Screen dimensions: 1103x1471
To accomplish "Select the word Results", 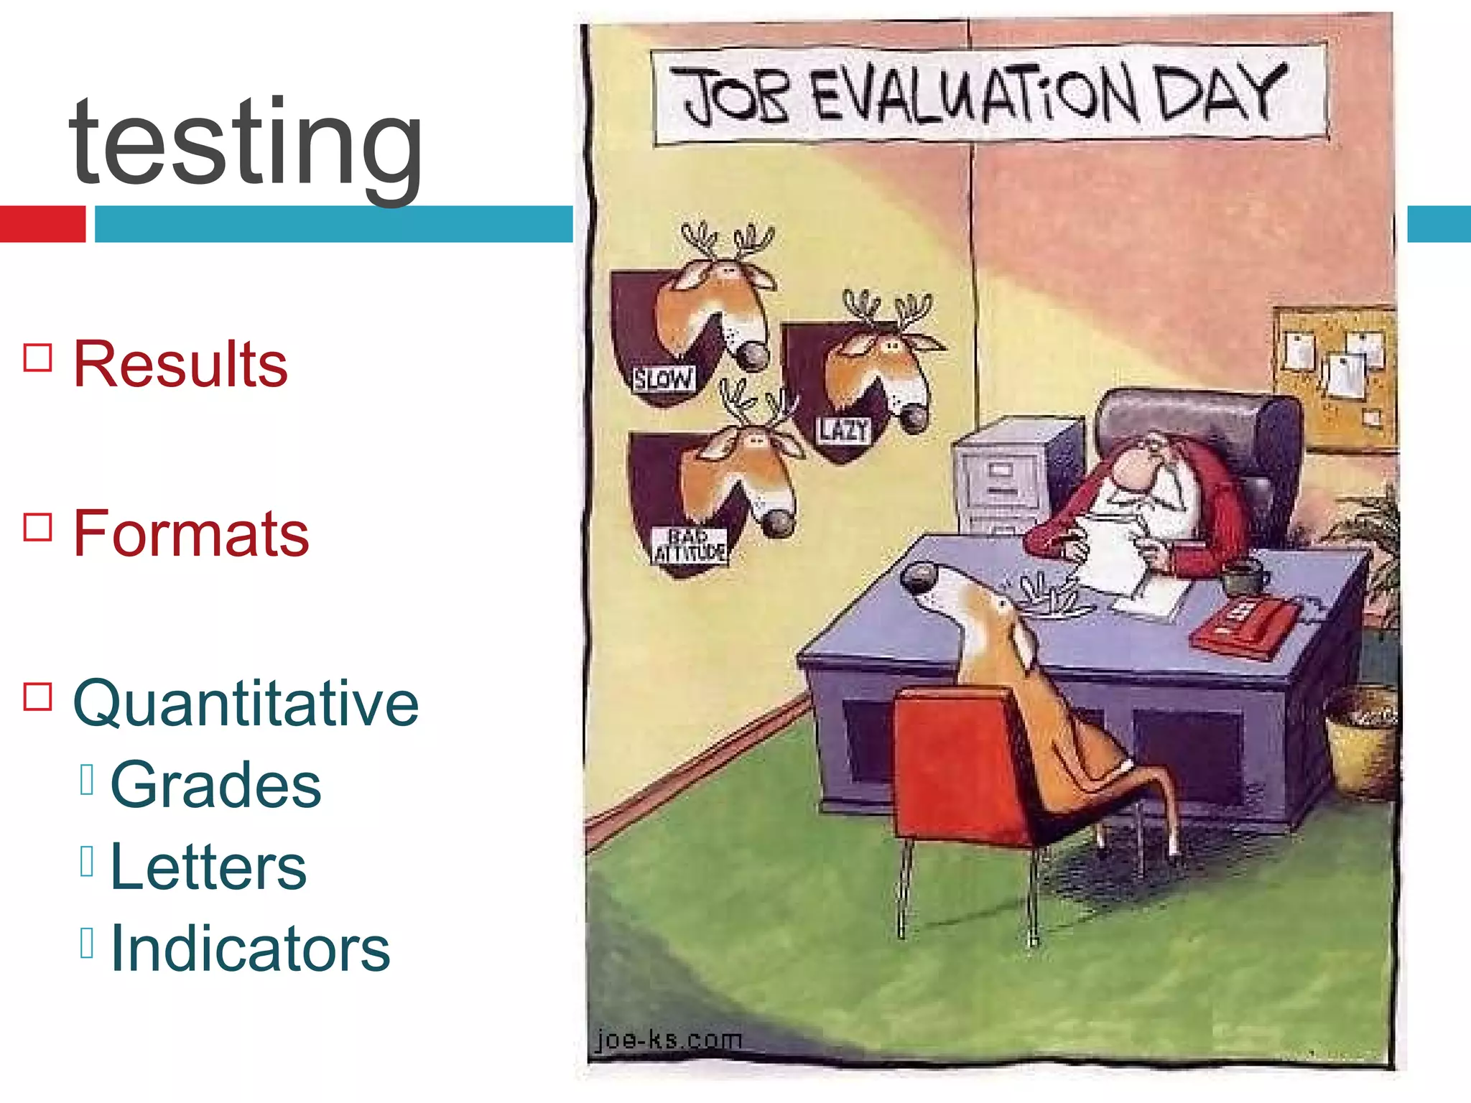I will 180,364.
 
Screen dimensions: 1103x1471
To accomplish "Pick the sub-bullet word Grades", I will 215,784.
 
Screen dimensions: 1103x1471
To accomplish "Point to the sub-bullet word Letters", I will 208,867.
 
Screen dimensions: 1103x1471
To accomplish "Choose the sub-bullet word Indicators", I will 250,949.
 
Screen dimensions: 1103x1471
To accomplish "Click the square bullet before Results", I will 38,357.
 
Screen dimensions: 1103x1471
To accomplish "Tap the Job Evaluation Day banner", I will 989,96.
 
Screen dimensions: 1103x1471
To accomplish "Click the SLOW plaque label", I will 663,378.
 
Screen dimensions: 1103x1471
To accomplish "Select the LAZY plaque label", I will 844,430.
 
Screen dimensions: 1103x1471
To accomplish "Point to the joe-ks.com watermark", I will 669,1039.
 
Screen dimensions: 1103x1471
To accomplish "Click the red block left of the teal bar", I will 42,224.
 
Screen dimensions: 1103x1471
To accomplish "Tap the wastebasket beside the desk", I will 1361,740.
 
